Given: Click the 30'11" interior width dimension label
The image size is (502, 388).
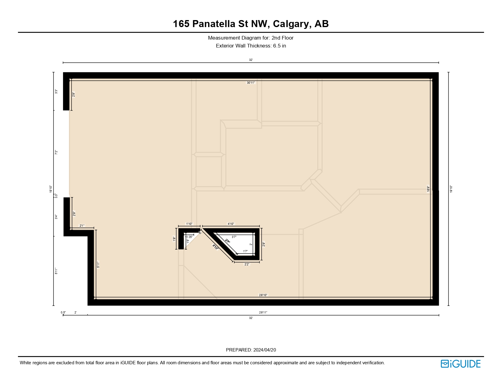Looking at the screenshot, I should tap(251, 82).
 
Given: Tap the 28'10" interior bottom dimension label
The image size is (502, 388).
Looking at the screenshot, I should tap(263, 295).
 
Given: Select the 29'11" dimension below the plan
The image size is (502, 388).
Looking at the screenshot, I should tap(263, 312).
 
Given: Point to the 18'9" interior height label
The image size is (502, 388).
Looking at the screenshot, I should tap(428, 189).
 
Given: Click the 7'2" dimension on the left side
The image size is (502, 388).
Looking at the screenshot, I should tap(56, 152).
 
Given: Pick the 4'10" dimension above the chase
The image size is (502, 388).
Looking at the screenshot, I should tap(231, 224).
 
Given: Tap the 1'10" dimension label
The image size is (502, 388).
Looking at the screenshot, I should tap(189, 224).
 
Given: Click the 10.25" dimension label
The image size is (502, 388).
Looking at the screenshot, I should tap(189, 237).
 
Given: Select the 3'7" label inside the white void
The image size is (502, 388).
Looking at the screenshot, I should tap(234, 237).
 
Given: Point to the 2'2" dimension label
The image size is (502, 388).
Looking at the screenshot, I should tap(247, 264).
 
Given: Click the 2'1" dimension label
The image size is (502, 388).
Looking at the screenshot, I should tap(82, 226).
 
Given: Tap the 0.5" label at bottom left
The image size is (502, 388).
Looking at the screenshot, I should tap(63, 312).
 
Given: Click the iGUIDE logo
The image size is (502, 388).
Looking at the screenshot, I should tap(461, 364).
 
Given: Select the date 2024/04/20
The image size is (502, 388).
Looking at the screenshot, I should tap(264, 350).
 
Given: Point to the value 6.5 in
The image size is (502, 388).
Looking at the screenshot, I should tap(279, 46).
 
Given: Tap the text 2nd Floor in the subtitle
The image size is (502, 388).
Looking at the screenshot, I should tap(282, 38).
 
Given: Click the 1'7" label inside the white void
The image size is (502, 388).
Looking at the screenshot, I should tap(245, 251).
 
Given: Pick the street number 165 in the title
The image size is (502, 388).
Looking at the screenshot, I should tap(181, 24).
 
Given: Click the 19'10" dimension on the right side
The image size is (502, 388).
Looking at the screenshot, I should tap(451, 189).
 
